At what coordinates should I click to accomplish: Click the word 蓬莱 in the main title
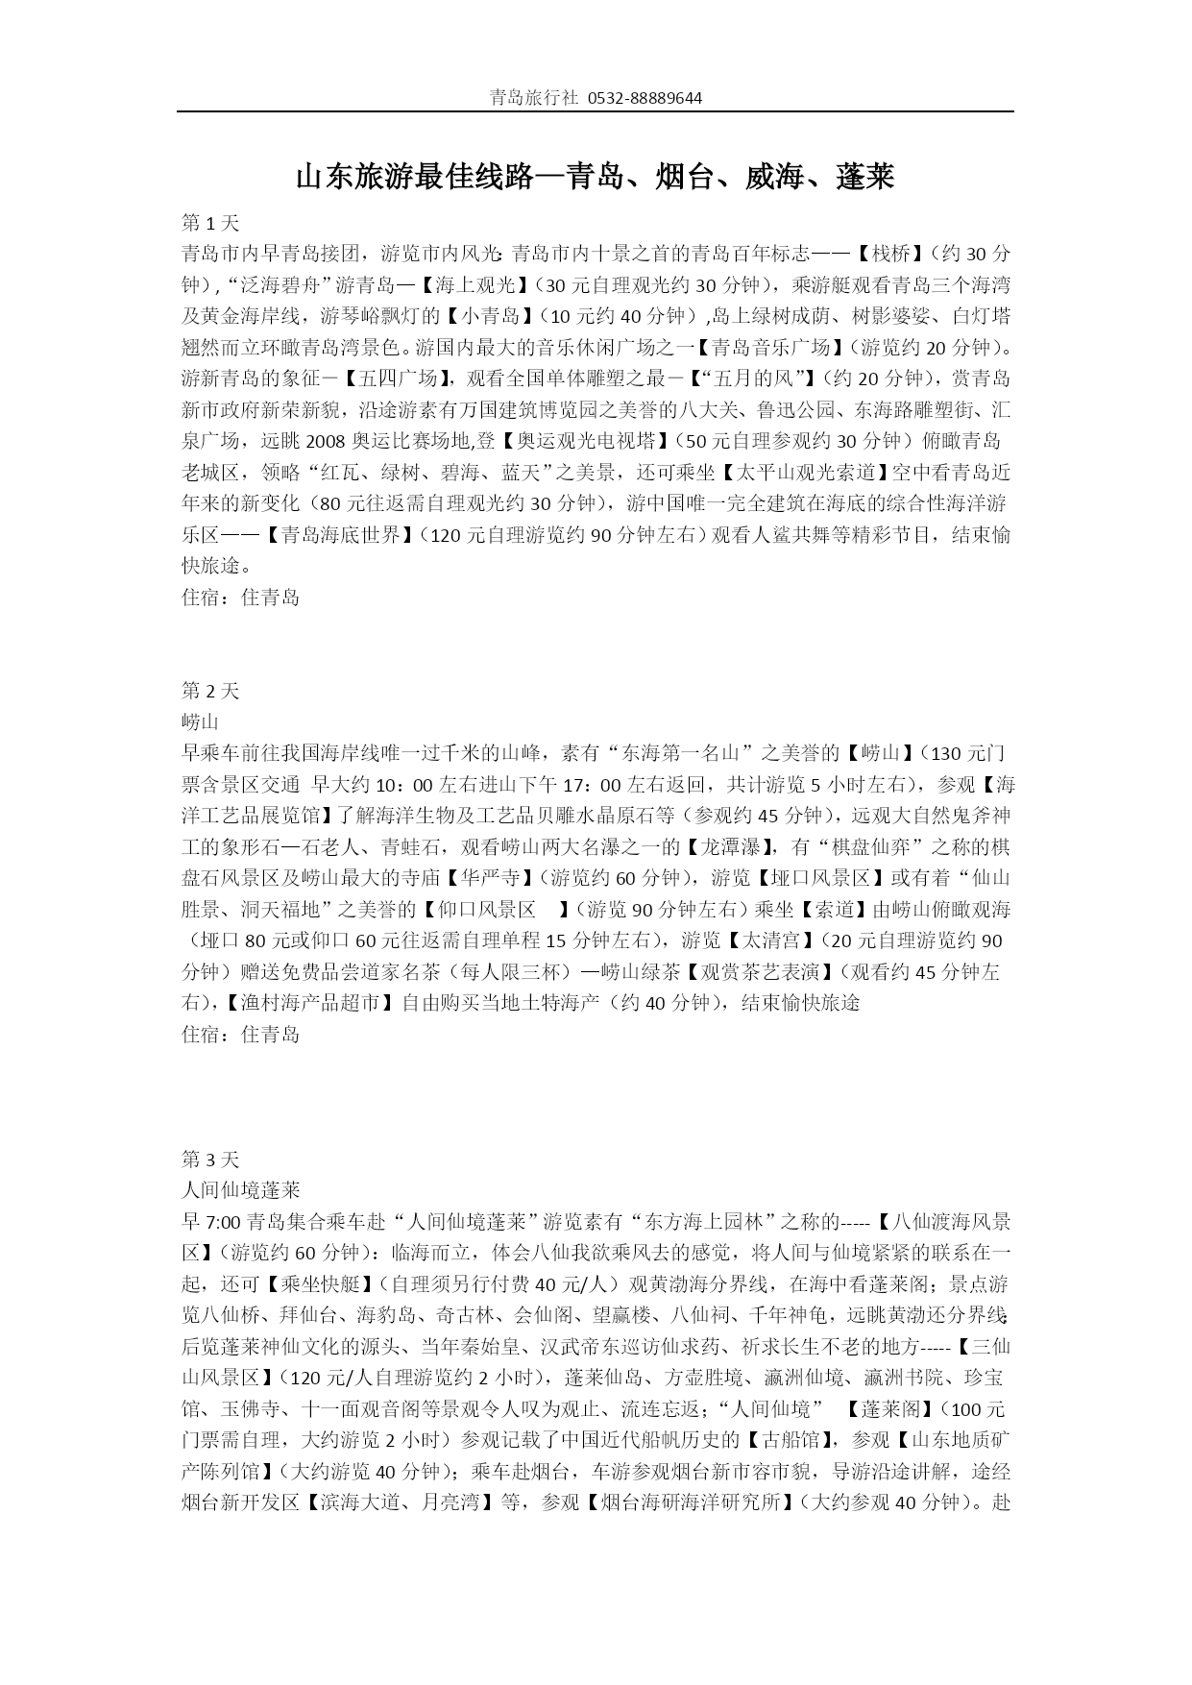(x=865, y=178)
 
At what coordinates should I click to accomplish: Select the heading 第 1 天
(x=210, y=223)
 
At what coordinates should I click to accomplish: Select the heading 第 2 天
(x=210, y=691)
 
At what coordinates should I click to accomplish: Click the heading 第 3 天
(x=210, y=1159)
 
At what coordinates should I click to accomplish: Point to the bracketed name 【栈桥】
(x=888, y=254)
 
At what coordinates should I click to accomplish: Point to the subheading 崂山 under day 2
(x=201, y=721)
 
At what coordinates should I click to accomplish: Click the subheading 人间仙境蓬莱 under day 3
(x=240, y=1190)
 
